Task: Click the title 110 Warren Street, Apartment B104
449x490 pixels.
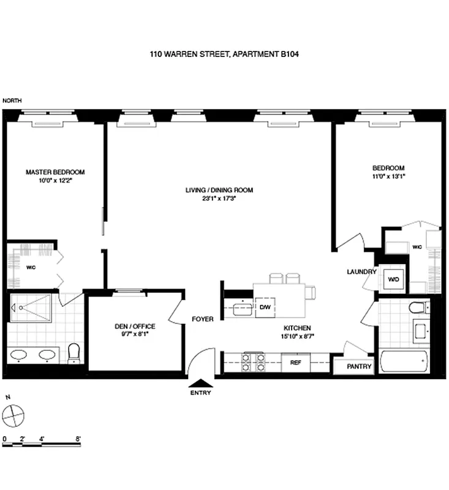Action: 224,55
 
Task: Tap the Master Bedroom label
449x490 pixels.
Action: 55,172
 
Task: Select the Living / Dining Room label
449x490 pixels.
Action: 219,190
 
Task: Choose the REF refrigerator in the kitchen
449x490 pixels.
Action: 296,362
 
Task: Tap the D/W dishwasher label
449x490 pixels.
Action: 265,306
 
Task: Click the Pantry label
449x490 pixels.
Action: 354,367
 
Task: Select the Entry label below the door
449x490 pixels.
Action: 201,393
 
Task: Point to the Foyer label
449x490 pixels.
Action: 203,319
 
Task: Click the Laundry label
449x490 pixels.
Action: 360,271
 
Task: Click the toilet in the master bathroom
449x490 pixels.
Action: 75,353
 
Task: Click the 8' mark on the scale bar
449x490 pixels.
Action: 78,439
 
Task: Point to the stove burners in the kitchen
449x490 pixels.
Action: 254,361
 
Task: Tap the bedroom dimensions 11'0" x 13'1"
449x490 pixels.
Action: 389,176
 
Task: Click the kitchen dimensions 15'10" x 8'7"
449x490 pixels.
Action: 296,336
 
